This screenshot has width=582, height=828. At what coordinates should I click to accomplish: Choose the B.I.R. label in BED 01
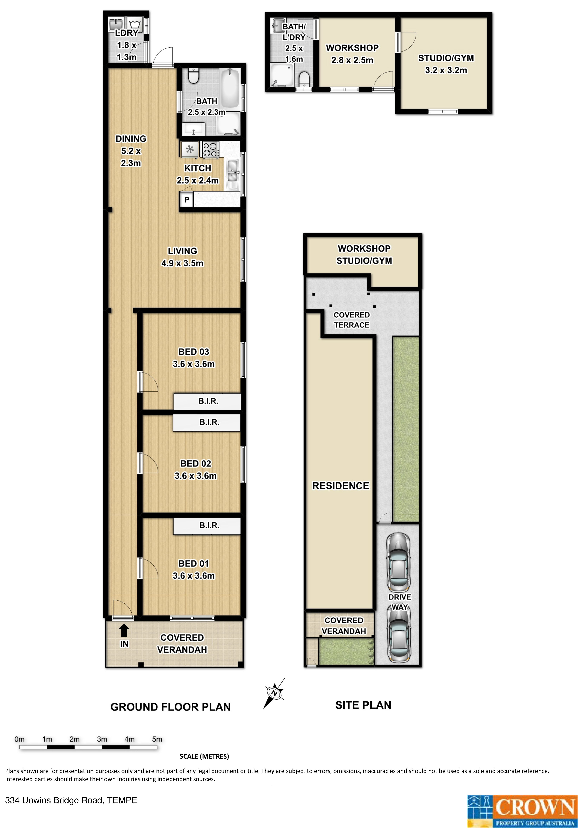tap(209, 525)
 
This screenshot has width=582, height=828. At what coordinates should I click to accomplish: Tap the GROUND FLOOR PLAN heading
tap(170, 707)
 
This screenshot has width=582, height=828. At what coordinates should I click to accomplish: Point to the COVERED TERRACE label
tap(352, 320)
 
